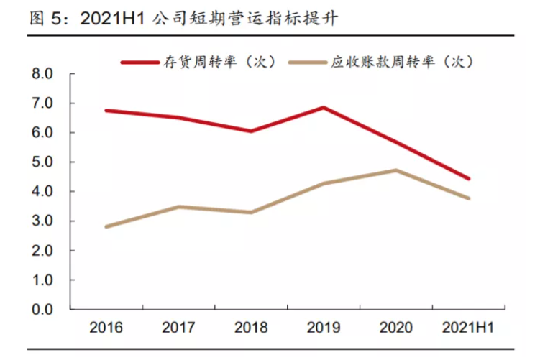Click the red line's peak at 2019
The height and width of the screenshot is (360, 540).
(324, 108)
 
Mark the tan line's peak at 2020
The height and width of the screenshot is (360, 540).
(396, 170)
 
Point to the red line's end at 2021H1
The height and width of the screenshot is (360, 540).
(469, 179)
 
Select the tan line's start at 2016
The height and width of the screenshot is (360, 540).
(106, 227)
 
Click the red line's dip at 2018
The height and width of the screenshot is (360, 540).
(251, 131)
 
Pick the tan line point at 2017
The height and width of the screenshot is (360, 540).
(178, 207)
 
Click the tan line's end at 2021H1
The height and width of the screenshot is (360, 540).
(469, 198)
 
